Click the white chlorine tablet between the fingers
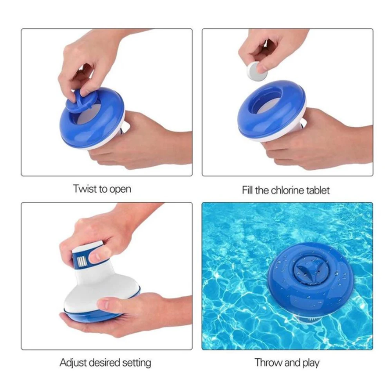pos(255,71)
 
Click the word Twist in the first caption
pos(83,189)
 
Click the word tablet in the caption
pos(317,191)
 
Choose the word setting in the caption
pos(136,363)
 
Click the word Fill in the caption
pos(247,191)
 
